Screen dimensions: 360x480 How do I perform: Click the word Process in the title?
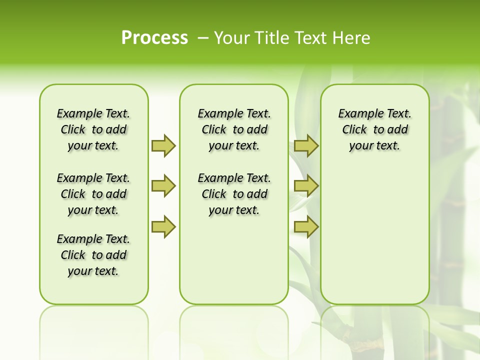click(x=154, y=37)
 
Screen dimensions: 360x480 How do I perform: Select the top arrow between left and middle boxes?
click(x=163, y=145)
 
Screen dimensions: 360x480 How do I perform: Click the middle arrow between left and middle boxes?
click(x=163, y=186)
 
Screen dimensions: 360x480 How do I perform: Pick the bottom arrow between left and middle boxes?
click(x=163, y=227)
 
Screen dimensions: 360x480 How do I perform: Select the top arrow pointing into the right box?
click(x=306, y=145)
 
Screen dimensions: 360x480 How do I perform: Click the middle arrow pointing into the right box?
click(x=306, y=186)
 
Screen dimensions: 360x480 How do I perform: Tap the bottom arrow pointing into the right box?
click(x=306, y=227)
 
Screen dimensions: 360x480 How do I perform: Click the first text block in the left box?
click(x=93, y=129)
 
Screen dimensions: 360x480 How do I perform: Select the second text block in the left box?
click(x=93, y=194)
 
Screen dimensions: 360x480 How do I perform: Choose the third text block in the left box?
click(x=93, y=255)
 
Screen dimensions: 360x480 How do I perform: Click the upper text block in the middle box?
click(x=234, y=129)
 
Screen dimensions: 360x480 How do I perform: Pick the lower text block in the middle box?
click(x=234, y=194)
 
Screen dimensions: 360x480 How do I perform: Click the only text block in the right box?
click(x=375, y=129)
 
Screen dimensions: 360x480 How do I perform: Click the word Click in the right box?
click(x=354, y=130)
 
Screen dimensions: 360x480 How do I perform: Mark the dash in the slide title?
click(x=203, y=38)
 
